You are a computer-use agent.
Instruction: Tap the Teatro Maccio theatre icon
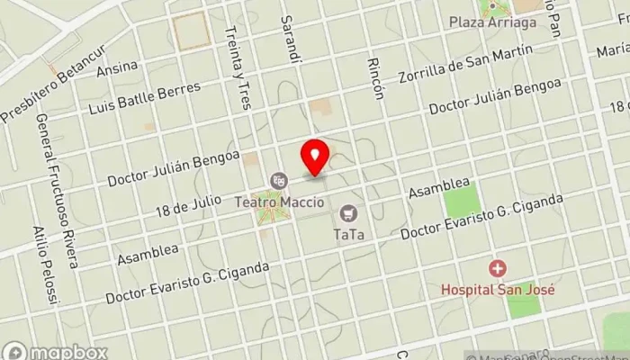click(x=281, y=180)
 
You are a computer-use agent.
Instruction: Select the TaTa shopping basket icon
click(x=348, y=213)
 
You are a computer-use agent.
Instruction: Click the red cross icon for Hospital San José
click(x=496, y=268)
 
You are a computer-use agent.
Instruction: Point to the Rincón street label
click(x=375, y=77)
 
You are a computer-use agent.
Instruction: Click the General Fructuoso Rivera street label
click(x=57, y=193)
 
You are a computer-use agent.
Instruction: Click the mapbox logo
click(x=56, y=351)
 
